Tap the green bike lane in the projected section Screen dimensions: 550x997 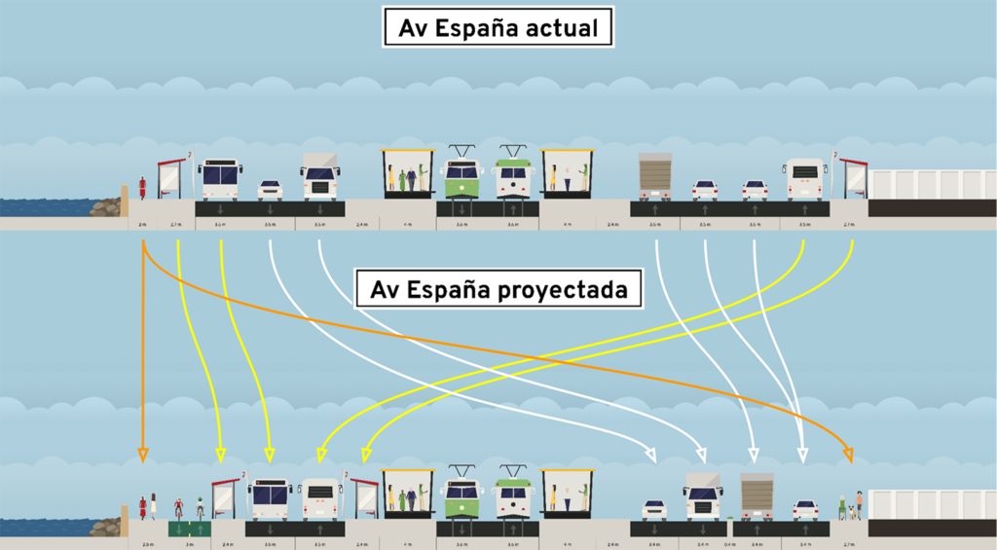(x=189, y=529)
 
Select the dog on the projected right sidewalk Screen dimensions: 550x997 (x=850, y=512)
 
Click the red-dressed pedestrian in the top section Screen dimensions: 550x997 (x=143, y=185)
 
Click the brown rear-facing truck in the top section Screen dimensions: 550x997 (x=655, y=175)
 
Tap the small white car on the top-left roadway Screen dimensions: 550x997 (x=270, y=189)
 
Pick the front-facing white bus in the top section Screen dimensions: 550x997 (x=220, y=179)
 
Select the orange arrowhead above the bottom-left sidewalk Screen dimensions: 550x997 (x=143, y=454)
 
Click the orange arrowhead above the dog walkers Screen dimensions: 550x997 (x=848, y=454)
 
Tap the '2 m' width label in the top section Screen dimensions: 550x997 (x=142, y=224)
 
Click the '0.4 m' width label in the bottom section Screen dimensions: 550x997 (x=728, y=543)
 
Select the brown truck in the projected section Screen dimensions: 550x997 (x=757, y=496)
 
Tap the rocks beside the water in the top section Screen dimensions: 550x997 (x=105, y=206)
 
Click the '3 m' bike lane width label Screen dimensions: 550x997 (x=189, y=543)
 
